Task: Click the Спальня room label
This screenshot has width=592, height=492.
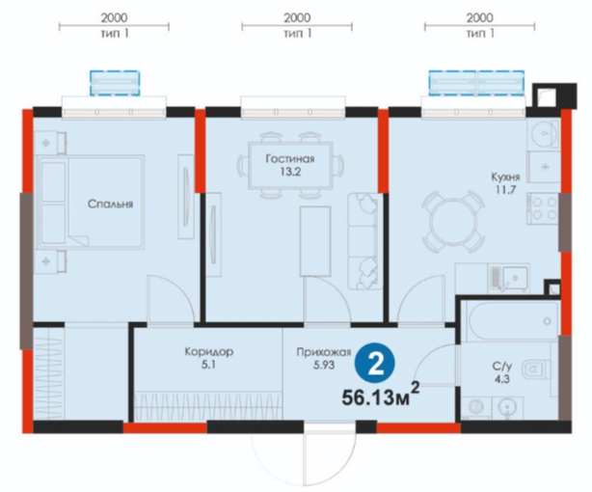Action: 110,205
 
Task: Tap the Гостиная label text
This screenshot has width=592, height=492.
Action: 290,159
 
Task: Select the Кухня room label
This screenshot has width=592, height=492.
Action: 505,177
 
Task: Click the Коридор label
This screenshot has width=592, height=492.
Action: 209,352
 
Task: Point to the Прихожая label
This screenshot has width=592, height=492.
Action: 324,352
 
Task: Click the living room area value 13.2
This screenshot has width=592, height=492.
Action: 290,172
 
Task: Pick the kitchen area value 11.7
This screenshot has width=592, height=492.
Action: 505,189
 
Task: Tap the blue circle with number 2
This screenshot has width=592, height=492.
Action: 375,365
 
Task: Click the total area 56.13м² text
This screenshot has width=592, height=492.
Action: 381,395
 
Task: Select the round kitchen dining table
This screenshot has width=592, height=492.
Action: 451,222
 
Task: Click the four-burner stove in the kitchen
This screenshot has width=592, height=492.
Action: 543,208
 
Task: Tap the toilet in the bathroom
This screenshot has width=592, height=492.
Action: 535,369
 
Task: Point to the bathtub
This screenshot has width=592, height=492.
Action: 510,321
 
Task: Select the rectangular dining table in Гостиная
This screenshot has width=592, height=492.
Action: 291,166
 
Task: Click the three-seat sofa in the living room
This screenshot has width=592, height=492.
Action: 363,241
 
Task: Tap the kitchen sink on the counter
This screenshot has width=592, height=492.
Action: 509,279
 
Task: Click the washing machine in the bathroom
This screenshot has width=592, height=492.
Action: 476,407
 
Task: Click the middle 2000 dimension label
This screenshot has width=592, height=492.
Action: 297,17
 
